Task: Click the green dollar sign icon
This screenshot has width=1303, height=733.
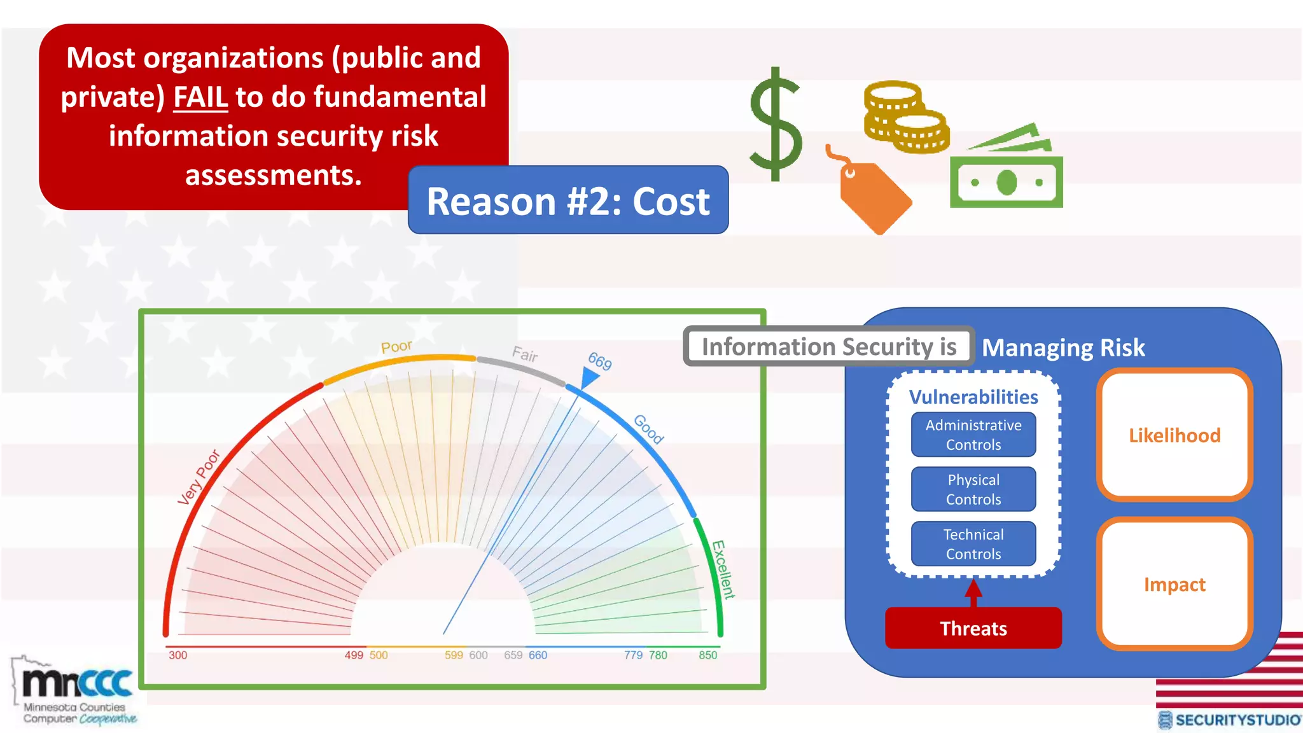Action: pos(775,125)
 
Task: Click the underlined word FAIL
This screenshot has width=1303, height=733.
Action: pos(200,97)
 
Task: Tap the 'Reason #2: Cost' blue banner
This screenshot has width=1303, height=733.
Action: pos(568,200)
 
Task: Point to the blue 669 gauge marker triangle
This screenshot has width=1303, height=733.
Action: pos(589,378)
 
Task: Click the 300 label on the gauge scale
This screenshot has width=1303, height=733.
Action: pos(178,655)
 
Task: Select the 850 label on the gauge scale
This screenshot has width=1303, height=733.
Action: pos(707,655)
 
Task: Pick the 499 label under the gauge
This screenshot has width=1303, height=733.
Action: pos(354,655)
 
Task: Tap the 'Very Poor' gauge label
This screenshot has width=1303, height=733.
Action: pos(199,477)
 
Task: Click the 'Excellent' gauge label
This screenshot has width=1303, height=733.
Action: pos(723,569)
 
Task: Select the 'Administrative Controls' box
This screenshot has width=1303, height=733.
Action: pos(973,435)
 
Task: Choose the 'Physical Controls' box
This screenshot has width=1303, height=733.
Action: pos(973,489)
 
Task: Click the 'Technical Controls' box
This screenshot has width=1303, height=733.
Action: pos(973,544)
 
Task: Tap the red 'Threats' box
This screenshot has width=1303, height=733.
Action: pos(973,628)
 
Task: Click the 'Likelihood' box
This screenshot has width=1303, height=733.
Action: pos(1174,435)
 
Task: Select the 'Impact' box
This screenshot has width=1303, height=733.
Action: pos(1174,584)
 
